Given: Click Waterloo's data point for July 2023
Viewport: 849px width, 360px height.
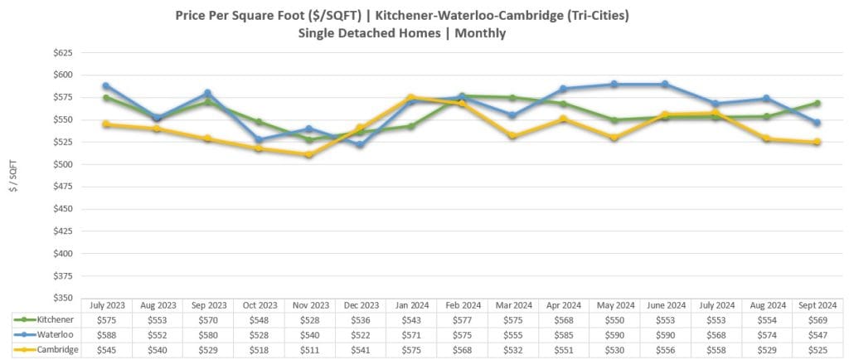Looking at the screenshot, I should pos(106,85).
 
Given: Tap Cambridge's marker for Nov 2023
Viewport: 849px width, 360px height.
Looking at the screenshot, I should pos(309,154).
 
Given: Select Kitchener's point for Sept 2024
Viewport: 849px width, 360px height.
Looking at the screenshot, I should pos(817,103).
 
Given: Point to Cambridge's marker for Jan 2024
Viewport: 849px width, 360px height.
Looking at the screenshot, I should pos(410,97).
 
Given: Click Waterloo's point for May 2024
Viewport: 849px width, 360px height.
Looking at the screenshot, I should pos(614,84).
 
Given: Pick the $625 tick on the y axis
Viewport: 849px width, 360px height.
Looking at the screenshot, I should pos(63,52).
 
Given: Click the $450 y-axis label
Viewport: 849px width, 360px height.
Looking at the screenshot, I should pos(63,208).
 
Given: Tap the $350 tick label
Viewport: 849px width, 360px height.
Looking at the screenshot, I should pos(63,297).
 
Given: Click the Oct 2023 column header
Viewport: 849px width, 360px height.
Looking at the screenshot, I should pos(259,305).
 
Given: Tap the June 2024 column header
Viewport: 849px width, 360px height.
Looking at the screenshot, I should pos(664,305).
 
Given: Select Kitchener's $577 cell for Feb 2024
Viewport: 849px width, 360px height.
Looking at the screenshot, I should pos(462,319).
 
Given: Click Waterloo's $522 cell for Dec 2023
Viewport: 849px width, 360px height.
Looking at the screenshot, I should pos(360,334).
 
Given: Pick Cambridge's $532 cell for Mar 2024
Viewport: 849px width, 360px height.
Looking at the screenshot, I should pos(512,350).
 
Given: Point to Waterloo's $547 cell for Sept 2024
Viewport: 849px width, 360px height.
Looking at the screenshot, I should pos(817,334).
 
